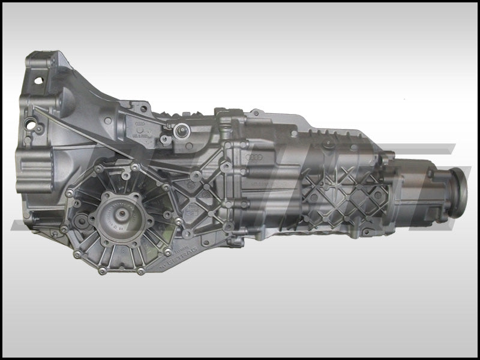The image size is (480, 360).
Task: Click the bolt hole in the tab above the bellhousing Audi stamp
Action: click(143, 109)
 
